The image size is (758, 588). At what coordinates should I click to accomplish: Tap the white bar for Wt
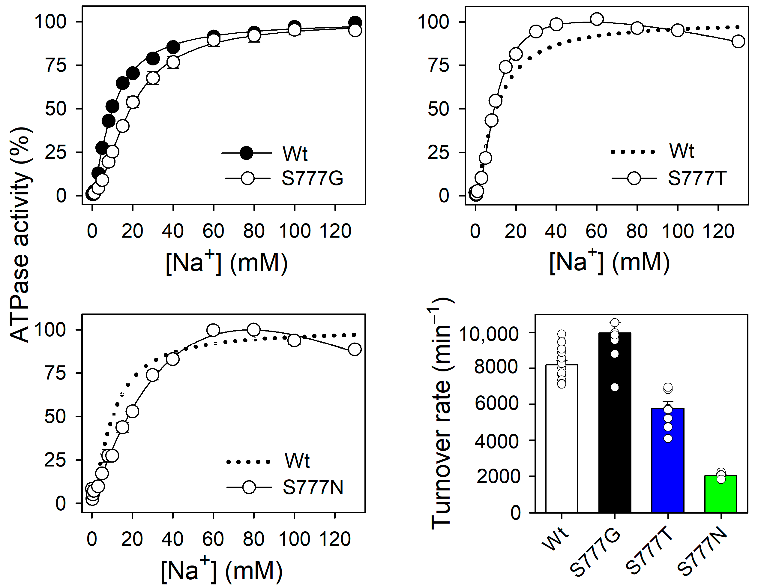pos(562,441)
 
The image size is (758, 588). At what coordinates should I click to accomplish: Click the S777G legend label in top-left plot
pos(312,178)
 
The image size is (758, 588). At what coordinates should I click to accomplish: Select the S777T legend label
pos(697,178)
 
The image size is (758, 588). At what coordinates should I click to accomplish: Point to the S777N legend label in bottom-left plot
pos(313,487)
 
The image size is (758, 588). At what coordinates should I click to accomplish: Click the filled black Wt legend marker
pos(247,153)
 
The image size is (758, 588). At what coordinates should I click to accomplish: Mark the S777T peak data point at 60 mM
pos(597,19)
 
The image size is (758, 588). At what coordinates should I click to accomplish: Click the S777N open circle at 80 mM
pos(254,329)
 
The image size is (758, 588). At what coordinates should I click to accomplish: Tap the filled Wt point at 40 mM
pos(173,47)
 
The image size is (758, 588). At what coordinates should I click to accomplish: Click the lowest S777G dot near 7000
pos(614,387)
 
